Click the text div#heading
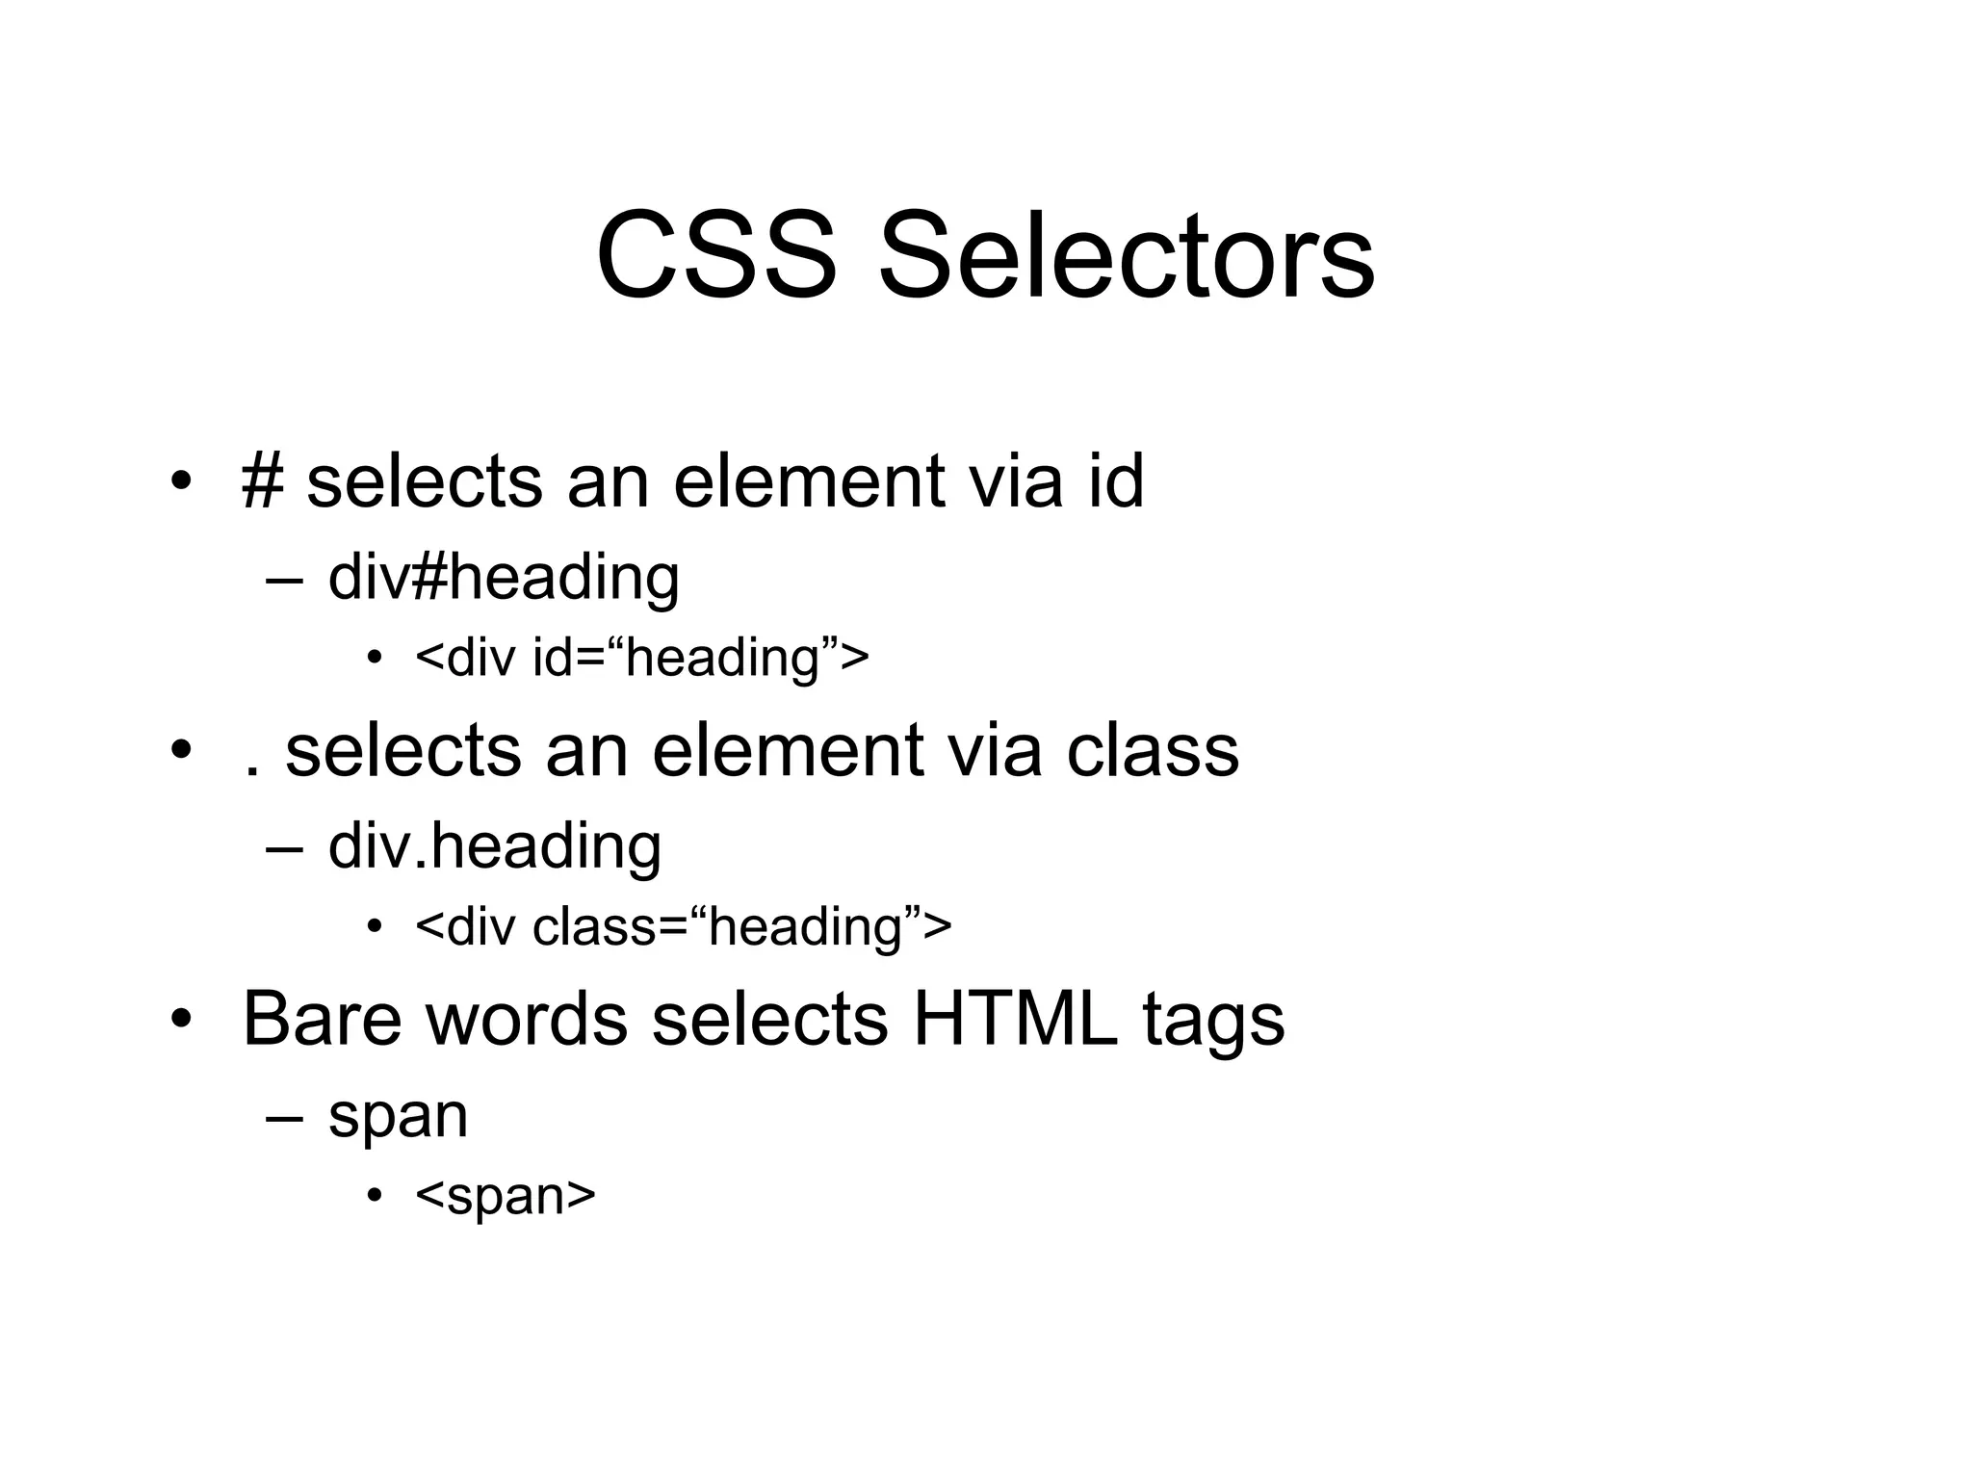point(504,579)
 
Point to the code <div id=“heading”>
point(642,659)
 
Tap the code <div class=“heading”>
point(684,927)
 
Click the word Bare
point(322,1019)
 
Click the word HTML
point(1015,1019)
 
